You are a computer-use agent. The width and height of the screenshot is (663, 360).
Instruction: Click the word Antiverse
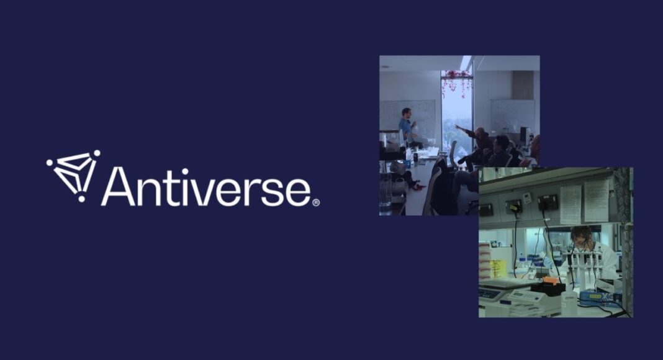[206, 186]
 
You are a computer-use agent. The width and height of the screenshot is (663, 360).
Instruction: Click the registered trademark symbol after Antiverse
[316, 202]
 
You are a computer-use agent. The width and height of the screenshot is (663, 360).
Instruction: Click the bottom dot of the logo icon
[81, 199]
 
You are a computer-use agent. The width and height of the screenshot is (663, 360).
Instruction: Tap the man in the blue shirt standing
[407, 126]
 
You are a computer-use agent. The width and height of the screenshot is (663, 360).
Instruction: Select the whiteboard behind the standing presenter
[408, 120]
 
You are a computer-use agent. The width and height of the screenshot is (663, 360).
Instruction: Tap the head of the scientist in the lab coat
[581, 235]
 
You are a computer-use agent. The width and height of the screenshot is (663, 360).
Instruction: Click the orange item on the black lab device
[550, 281]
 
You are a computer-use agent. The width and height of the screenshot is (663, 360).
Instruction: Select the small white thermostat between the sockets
[527, 198]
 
